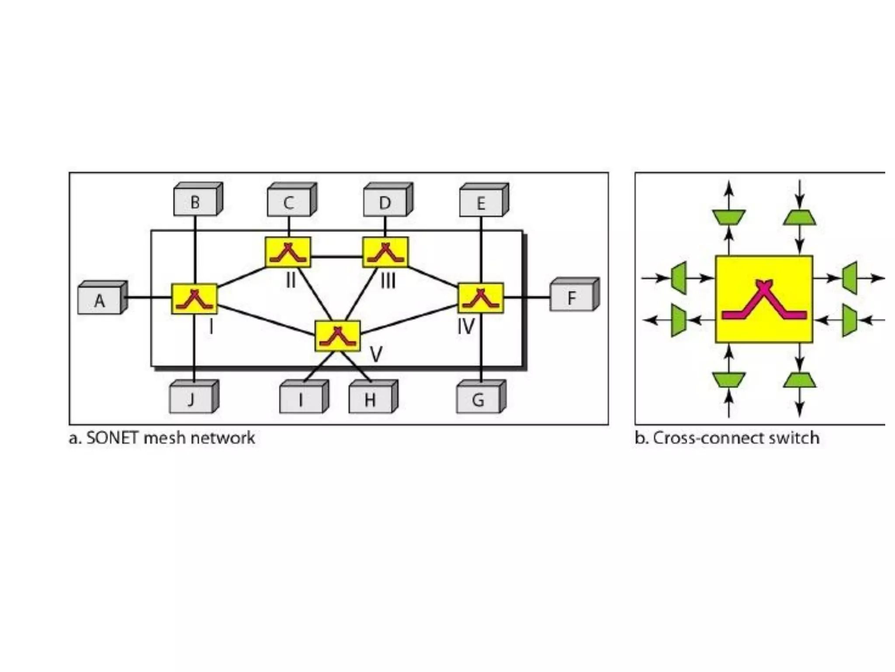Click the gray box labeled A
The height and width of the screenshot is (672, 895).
100,301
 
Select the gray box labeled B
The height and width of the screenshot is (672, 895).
195,202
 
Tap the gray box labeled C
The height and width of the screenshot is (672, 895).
289,203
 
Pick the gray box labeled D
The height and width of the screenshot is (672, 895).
385,203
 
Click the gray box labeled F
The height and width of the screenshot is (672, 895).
571,298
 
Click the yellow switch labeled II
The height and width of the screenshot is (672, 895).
288,252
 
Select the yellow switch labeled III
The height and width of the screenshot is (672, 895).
385,252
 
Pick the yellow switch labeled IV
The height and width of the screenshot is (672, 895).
481,298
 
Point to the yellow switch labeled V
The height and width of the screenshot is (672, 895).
338,336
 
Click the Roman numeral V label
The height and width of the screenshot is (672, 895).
376,354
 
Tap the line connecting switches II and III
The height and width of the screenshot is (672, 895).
336,256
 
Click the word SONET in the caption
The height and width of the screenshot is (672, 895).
113,438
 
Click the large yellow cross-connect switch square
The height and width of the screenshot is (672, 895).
764,299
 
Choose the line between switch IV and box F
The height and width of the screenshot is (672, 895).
527,298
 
